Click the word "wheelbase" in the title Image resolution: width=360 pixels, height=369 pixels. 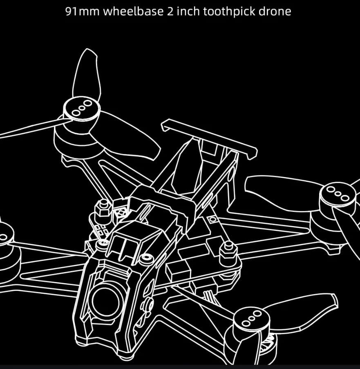[x=133, y=11]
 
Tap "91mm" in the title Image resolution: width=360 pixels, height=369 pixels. [x=83, y=11]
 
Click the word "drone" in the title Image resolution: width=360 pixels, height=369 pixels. [x=275, y=11]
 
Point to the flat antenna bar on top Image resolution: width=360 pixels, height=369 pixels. [x=209, y=139]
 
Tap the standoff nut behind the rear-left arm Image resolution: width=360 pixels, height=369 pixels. [x=103, y=208]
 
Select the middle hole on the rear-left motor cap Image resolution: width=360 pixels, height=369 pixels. [x=82, y=108]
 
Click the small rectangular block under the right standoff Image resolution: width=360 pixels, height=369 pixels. [x=178, y=271]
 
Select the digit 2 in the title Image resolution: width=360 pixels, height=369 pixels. [x=170, y=11]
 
